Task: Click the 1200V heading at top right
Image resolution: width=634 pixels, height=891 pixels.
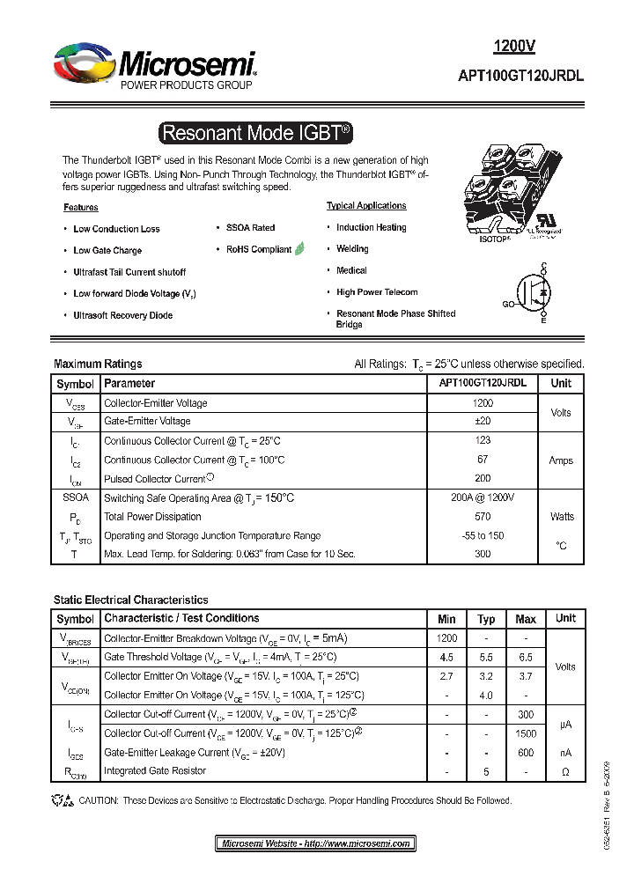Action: [513, 47]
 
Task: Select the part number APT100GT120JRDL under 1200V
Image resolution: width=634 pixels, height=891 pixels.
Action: [520, 77]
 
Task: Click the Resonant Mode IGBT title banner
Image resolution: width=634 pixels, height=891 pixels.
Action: [255, 133]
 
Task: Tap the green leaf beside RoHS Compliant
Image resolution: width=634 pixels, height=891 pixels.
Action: [299, 249]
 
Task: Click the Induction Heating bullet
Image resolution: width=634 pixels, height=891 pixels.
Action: [371, 227]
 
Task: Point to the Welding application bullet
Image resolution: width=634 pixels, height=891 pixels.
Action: [352, 249]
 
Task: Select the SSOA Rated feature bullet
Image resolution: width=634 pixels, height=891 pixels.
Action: [250, 228]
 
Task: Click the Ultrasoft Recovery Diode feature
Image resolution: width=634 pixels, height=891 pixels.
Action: [122, 315]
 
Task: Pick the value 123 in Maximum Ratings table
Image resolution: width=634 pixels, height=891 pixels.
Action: [483, 441]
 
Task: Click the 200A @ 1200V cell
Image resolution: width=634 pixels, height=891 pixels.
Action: [483, 497]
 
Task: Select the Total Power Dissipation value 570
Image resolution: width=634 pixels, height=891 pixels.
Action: [483, 517]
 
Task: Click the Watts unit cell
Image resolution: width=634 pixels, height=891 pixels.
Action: [561, 517]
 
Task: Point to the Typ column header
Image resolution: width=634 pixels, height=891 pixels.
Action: [486, 619]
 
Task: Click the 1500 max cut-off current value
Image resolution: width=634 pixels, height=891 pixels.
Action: [526, 733]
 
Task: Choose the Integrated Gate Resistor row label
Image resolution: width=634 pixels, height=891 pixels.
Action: [155, 771]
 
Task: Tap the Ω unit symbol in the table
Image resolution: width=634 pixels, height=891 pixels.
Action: [565, 771]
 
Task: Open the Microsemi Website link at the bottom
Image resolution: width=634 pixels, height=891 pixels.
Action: [315, 843]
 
